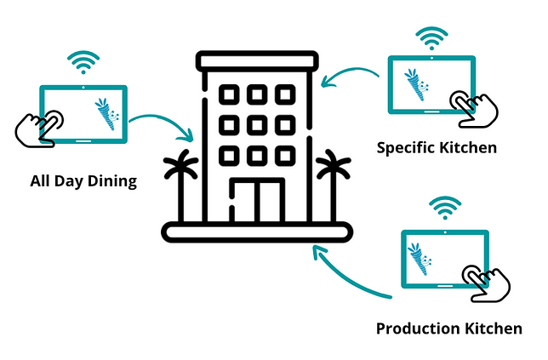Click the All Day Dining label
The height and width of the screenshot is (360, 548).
(x=83, y=181)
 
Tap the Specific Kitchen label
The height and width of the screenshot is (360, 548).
(x=437, y=147)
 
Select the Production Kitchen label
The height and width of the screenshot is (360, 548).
(x=448, y=329)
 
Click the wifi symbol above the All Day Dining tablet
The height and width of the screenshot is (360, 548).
(x=83, y=63)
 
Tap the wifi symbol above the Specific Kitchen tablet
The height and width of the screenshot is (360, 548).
(x=431, y=38)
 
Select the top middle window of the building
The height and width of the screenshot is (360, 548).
(x=257, y=94)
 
